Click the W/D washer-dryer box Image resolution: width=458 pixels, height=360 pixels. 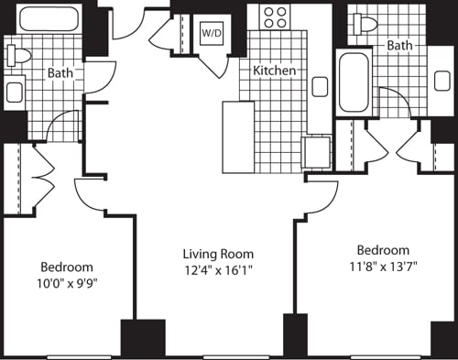click(211, 33)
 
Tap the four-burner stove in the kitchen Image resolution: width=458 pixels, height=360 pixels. click(275, 16)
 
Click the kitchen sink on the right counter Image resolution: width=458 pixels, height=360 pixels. click(320, 87)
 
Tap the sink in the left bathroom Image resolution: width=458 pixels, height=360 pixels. click(15, 91)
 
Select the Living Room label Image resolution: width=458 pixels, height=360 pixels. click(217, 254)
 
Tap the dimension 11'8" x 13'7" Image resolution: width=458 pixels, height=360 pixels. click(383, 267)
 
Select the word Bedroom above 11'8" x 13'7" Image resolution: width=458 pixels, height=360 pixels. click(383, 250)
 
